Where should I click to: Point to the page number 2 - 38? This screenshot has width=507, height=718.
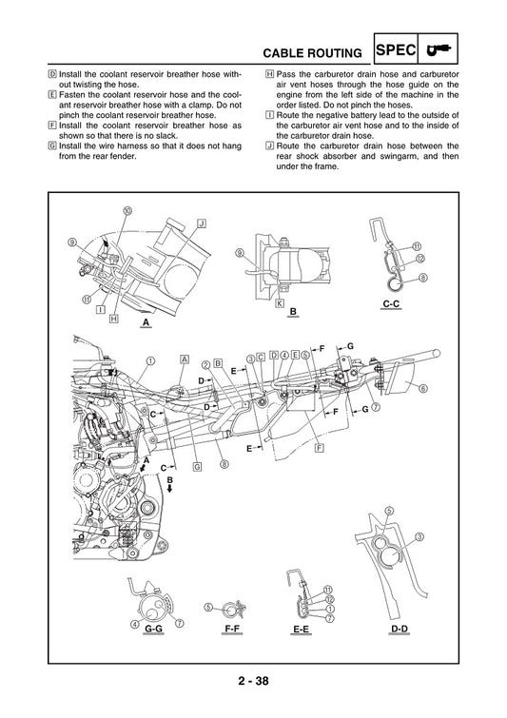(253, 682)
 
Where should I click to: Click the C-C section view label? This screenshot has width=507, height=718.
(390, 305)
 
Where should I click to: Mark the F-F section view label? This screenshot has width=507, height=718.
(230, 630)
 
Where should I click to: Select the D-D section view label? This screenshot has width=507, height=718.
(400, 630)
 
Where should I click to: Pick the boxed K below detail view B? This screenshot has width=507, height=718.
(280, 303)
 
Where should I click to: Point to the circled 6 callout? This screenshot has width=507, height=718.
(422, 388)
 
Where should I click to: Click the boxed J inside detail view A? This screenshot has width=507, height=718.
(201, 223)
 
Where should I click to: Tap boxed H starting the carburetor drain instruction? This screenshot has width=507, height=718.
(270, 73)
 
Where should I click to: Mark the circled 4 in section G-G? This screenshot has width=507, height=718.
(135, 624)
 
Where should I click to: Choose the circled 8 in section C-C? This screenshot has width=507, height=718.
(422, 278)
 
